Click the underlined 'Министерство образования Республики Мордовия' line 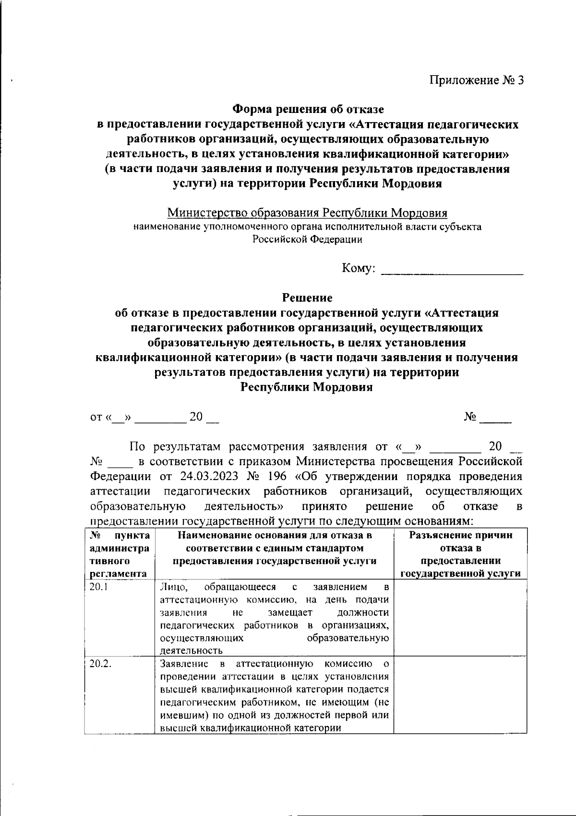307,213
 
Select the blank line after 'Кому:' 451,269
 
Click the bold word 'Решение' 307,298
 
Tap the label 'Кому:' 358,268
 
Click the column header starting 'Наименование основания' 274,548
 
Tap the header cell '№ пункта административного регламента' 120,554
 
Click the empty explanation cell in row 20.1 460,618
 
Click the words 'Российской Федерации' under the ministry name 307,239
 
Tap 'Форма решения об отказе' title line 307,110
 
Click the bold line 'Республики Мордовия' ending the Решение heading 307,387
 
